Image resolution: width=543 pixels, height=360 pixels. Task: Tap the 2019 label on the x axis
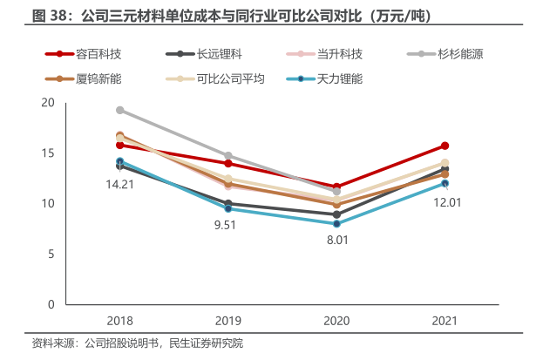tap(228, 321)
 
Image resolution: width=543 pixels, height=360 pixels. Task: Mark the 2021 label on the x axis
tap(445, 321)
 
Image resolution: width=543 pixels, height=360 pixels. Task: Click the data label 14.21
tap(119, 184)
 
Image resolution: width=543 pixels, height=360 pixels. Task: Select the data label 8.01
tap(337, 239)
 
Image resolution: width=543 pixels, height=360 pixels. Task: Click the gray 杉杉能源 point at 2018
tap(120, 110)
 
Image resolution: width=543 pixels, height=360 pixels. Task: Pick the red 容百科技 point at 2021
tap(445, 146)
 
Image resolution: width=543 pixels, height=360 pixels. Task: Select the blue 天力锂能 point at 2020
tap(336, 224)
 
